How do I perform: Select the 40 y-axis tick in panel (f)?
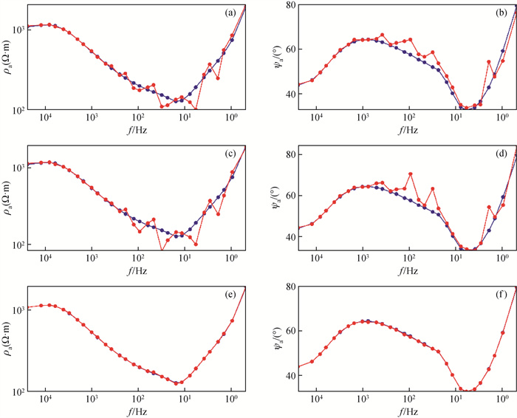point(287,375)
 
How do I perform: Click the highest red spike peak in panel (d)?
point(410,174)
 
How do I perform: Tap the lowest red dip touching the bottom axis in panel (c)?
point(162,250)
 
